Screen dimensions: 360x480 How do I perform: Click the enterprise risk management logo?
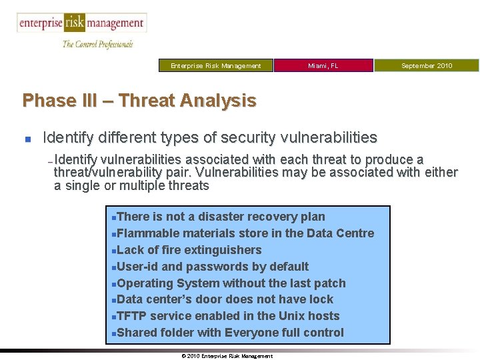pyautogui.click(x=81, y=23)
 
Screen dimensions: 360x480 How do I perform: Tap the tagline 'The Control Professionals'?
pyautogui.click(x=97, y=44)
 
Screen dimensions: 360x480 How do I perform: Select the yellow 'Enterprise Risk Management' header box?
pyautogui.click(x=215, y=65)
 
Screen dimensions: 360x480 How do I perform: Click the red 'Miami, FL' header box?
pyautogui.click(x=323, y=65)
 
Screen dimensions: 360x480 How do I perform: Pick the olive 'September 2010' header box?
pyautogui.click(x=426, y=65)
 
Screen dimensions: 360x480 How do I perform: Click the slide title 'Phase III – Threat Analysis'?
pyautogui.click(x=139, y=101)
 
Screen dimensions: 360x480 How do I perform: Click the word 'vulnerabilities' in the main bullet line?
pyautogui.click(x=331, y=138)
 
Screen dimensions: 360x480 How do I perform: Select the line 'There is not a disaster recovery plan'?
pyautogui.click(x=220, y=217)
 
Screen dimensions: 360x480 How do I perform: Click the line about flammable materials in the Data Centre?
pyautogui.click(x=245, y=233)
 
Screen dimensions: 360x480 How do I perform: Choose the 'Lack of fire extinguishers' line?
pyautogui.click(x=189, y=250)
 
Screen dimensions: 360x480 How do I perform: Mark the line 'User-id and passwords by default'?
pyautogui.click(x=212, y=267)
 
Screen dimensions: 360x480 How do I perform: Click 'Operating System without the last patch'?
pyautogui.click(x=231, y=283)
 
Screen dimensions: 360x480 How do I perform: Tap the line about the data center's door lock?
pyautogui.click(x=225, y=299)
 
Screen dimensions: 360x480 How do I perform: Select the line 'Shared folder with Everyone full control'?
pyautogui.click(x=230, y=333)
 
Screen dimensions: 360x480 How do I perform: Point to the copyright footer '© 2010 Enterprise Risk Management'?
pyautogui.click(x=227, y=356)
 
